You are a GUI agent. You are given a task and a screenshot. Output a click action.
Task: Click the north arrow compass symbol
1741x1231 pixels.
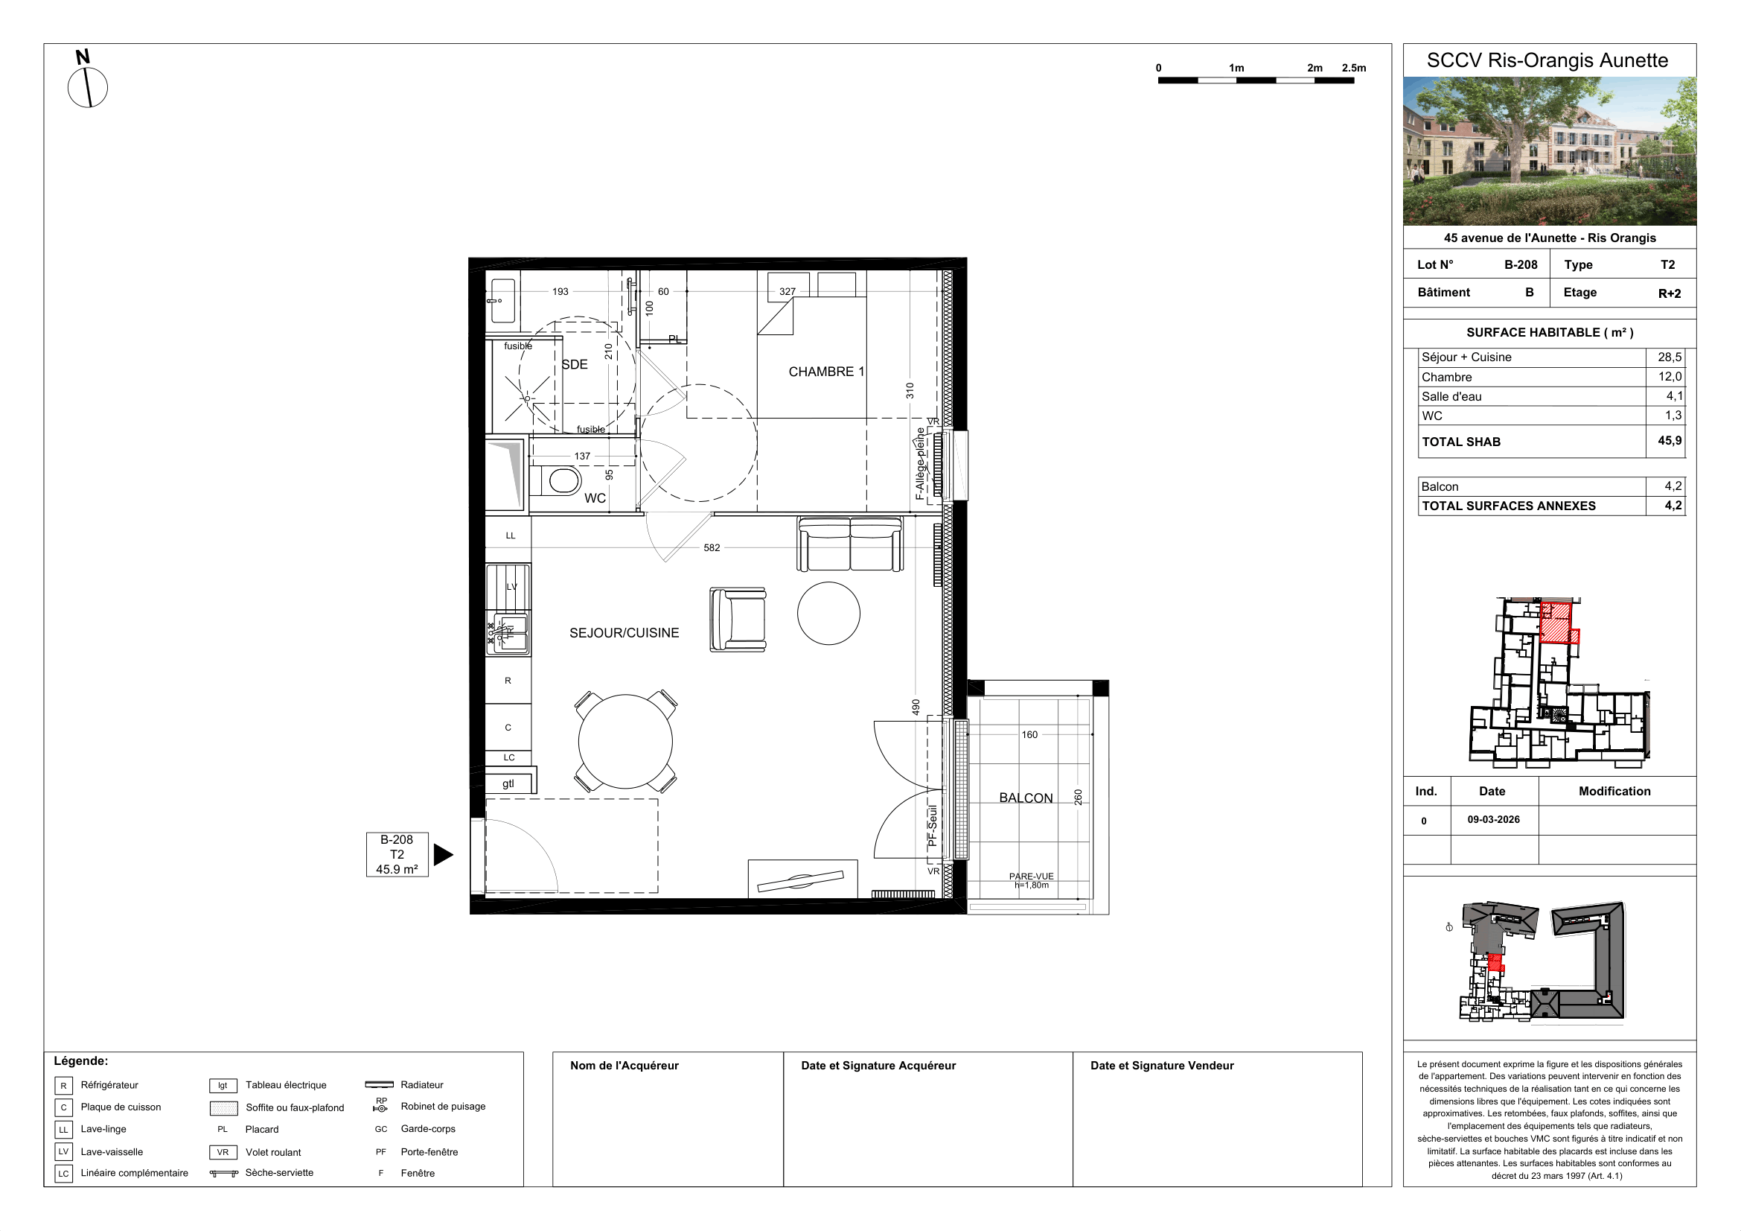(87, 87)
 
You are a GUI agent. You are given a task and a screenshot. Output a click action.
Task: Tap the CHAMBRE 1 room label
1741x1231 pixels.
(825, 372)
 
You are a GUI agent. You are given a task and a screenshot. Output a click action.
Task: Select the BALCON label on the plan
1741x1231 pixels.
(1025, 798)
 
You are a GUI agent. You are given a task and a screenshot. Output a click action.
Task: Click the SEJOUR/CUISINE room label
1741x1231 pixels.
(624, 632)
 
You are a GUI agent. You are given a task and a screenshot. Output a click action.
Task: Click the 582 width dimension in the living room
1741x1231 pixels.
(712, 547)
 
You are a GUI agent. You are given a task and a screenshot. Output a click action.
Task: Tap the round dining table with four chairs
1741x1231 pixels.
(625, 742)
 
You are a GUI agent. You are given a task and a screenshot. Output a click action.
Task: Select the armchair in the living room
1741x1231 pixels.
(738, 620)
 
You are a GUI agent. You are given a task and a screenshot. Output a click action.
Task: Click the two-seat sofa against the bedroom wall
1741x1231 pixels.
(850, 544)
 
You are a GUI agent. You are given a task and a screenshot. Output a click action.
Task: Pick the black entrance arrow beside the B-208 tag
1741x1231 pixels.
(443, 855)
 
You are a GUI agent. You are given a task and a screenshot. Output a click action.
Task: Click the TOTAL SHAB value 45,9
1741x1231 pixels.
(1669, 441)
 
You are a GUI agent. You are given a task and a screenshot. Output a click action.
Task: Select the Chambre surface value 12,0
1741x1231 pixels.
(1670, 376)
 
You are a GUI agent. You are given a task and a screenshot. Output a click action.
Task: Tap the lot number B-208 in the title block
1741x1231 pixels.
(1521, 264)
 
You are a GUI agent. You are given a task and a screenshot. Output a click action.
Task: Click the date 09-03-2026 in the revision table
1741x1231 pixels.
(1493, 819)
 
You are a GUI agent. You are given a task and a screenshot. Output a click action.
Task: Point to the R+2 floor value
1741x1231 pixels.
(1669, 293)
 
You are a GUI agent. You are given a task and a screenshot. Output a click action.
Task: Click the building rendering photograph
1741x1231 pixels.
(1549, 151)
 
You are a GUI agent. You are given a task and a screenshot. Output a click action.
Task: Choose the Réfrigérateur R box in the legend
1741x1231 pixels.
(64, 1085)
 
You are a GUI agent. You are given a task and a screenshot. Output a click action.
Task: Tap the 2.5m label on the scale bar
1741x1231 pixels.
(1353, 68)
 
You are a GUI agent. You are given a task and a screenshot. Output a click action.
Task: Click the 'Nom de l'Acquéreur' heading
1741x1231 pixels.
(624, 1066)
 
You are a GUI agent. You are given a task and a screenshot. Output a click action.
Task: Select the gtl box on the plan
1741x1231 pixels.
(509, 783)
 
